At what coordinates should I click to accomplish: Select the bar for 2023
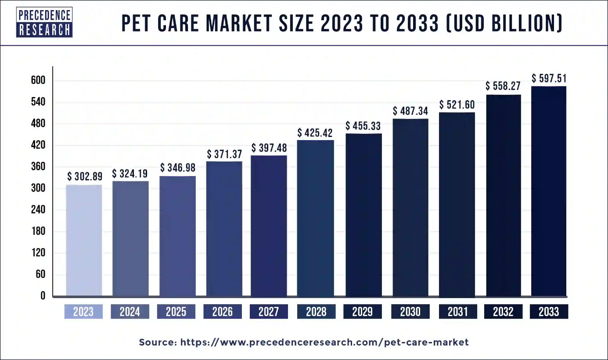(84, 240)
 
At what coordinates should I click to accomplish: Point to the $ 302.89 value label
(85, 176)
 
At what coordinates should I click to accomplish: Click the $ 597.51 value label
(549, 79)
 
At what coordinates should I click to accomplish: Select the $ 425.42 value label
(315, 133)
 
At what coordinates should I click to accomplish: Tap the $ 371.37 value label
(224, 154)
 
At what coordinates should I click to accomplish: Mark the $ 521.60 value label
(457, 105)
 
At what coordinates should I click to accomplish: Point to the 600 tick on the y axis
(38, 81)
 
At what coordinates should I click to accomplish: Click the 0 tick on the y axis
(43, 296)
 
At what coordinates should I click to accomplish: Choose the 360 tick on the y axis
(38, 167)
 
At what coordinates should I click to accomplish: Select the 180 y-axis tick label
(38, 232)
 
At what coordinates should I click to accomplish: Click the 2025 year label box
(177, 312)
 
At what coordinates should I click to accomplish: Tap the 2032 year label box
(503, 312)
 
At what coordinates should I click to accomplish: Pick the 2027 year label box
(269, 312)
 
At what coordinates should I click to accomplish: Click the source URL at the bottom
(304, 342)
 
